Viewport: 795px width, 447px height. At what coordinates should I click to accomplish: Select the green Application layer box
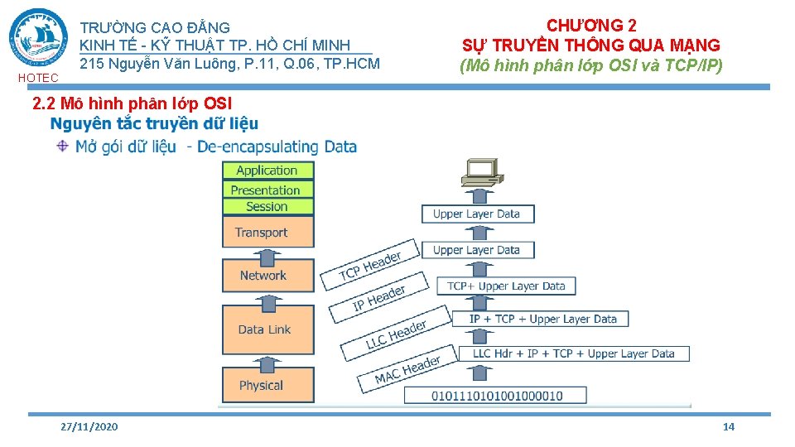click(x=267, y=171)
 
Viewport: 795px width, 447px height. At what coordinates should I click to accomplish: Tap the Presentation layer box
click(x=267, y=190)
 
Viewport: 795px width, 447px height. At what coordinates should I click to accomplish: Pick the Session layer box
click(x=267, y=207)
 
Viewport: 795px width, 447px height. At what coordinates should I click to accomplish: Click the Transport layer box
click(x=267, y=232)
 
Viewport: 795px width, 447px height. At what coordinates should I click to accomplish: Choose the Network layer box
click(x=267, y=276)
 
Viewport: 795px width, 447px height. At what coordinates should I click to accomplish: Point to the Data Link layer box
click(x=267, y=329)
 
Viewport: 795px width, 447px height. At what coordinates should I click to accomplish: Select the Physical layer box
click(x=267, y=385)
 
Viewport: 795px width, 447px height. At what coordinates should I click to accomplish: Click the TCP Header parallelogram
click(x=370, y=265)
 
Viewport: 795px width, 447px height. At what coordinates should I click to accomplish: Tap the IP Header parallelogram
click(x=379, y=299)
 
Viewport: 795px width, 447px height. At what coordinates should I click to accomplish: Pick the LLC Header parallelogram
click(x=396, y=334)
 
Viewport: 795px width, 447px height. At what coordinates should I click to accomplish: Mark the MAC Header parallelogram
click(x=407, y=370)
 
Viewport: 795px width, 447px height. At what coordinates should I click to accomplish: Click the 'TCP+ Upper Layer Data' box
click(x=506, y=286)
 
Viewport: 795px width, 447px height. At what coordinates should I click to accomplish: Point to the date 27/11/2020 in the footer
click(x=89, y=426)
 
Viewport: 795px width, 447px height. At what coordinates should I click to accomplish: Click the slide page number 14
click(x=729, y=426)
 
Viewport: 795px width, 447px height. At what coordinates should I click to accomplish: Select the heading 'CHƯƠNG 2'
click(x=591, y=26)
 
